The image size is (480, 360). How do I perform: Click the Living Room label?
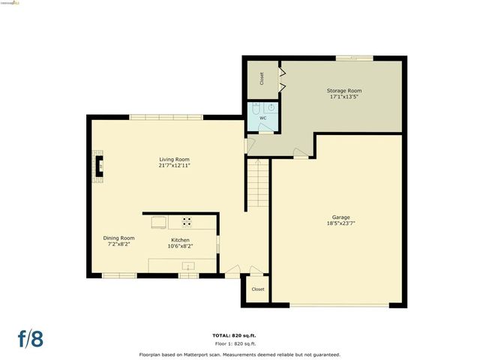click(174, 159)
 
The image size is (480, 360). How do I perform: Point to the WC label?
click(262, 118)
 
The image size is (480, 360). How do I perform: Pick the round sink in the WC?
click(271, 108)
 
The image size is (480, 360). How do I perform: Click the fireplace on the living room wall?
click(97, 165)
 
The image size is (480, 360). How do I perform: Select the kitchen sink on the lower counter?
click(187, 265)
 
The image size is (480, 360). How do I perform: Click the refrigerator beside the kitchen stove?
click(160, 221)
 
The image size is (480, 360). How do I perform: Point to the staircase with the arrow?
click(258, 184)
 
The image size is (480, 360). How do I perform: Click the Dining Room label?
click(118, 238)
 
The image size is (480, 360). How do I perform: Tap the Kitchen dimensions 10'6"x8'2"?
click(180, 245)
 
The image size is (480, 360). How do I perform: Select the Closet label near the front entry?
click(258, 289)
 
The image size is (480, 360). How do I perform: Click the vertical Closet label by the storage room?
click(262, 78)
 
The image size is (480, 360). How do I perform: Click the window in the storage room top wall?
click(354, 57)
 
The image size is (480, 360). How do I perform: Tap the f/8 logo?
click(31, 337)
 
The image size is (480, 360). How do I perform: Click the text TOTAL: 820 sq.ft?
click(239, 335)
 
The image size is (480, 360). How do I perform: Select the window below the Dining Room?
click(119, 276)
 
